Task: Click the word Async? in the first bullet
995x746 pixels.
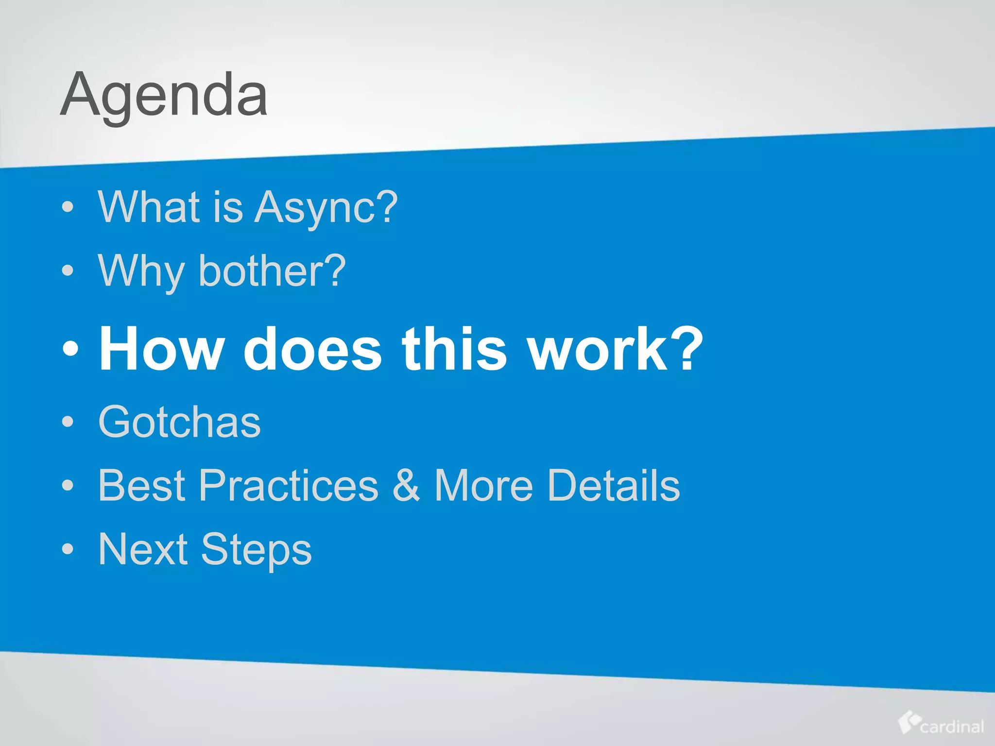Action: [x=326, y=207]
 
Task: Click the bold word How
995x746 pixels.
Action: [x=162, y=349]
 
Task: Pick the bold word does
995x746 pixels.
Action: [x=312, y=349]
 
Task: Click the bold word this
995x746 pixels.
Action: [x=454, y=349]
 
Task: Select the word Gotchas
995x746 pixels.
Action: [x=179, y=422]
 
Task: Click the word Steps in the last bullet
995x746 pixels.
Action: [x=256, y=549]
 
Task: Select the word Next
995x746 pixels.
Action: [x=143, y=549]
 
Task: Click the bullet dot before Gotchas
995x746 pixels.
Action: [x=68, y=422]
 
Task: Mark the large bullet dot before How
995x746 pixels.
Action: [x=70, y=349]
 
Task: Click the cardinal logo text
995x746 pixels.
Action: [x=952, y=727]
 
